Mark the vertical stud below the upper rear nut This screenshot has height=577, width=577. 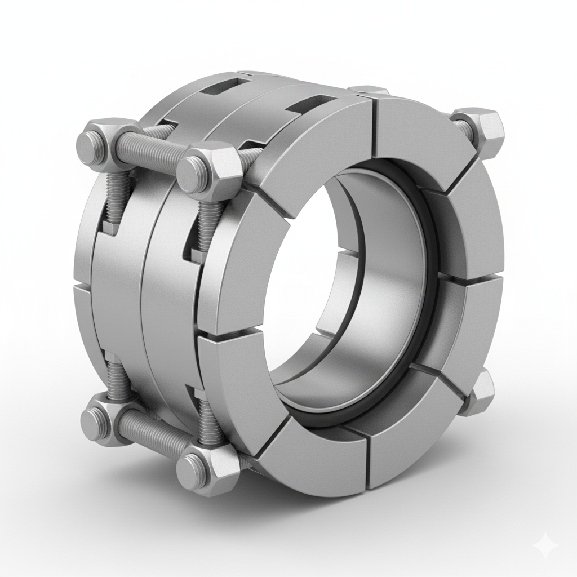pos(113,192)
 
